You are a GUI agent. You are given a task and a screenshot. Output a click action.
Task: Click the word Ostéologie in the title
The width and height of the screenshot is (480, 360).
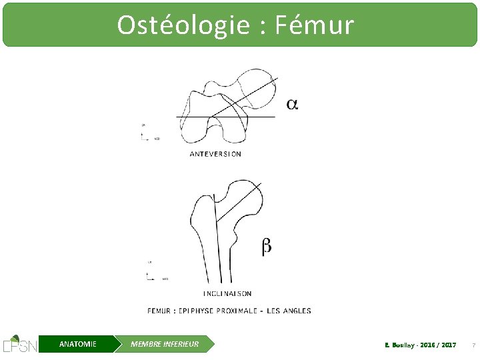175,25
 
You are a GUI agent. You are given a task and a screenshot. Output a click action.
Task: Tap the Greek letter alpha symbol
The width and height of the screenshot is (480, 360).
292,104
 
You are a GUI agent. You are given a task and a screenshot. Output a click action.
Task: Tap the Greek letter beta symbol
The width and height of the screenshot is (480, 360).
266,247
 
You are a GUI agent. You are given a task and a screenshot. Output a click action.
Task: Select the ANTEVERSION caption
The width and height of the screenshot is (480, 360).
215,154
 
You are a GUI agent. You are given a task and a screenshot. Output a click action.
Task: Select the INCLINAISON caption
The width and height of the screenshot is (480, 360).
227,293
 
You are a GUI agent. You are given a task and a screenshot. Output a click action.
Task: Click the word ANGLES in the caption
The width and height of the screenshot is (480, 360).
295,311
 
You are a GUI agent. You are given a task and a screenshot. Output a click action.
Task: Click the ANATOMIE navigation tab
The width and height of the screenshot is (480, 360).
77,344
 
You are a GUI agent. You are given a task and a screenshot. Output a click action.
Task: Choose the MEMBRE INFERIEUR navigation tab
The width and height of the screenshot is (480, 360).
164,344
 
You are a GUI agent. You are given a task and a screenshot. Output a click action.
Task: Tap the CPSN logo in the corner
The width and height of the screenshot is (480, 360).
19,343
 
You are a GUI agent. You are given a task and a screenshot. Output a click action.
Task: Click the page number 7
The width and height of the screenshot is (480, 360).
473,345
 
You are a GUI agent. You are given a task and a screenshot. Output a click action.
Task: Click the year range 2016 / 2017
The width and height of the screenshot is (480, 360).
439,345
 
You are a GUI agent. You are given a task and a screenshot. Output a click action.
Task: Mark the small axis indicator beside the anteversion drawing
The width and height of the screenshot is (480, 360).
148,133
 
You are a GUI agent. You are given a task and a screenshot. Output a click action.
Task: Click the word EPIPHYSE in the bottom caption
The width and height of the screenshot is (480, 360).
197,311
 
